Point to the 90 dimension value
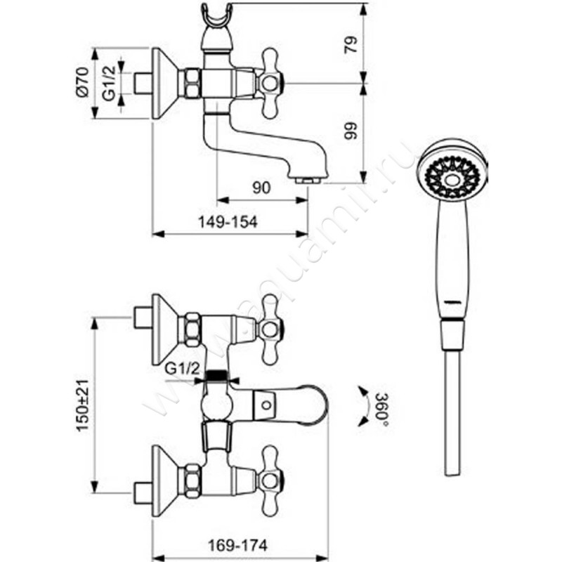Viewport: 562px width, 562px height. click(261, 188)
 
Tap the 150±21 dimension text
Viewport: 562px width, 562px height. click(82, 406)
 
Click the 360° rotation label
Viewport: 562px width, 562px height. click(381, 406)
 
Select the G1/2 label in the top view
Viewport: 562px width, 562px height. click(110, 84)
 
